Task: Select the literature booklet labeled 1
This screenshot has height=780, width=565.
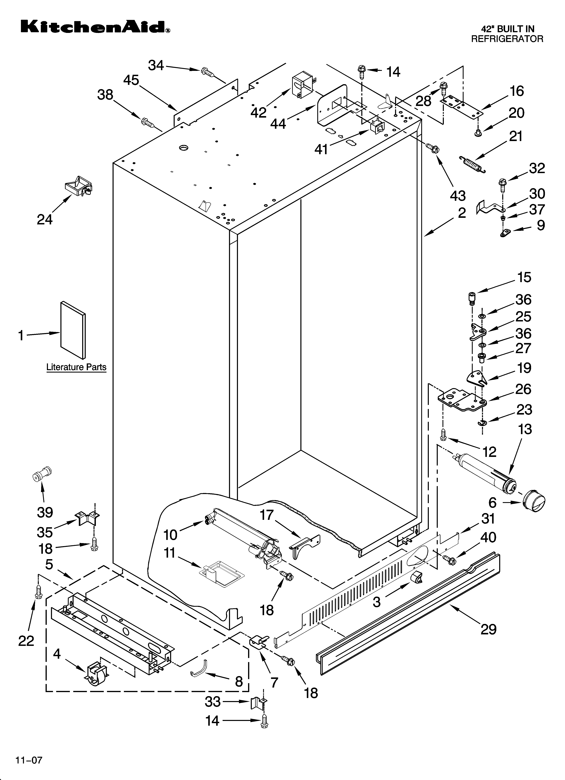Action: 73,330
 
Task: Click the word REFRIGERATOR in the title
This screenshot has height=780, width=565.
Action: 507,39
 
